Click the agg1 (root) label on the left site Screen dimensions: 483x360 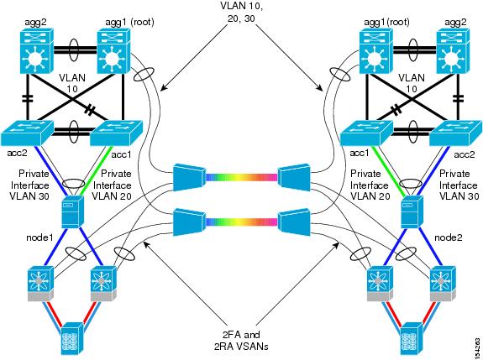pyautogui.click(x=129, y=23)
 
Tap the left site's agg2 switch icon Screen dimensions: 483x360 pyautogui.click(x=37, y=50)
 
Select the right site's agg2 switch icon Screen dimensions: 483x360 pyautogui.click(x=452, y=50)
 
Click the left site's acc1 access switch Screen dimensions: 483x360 pyautogui.click(x=116, y=133)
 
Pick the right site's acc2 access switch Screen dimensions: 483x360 pyautogui.click(x=455, y=133)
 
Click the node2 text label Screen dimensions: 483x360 pyautogui.click(x=448, y=237)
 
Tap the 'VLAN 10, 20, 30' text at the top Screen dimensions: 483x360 pyautogui.click(x=242, y=13)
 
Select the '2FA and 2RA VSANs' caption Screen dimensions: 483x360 pyautogui.click(x=241, y=341)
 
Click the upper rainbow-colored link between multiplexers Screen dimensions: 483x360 pyautogui.click(x=242, y=178)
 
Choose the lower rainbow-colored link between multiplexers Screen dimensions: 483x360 pyautogui.click(x=242, y=222)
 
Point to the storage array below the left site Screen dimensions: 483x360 pyautogui.click(x=73, y=338)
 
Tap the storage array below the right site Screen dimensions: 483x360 pyautogui.click(x=412, y=338)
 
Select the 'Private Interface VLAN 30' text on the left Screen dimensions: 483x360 pyautogui.click(x=29, y=185)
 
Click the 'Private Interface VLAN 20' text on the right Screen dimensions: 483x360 pyautogui.click(x=370, y=185)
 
